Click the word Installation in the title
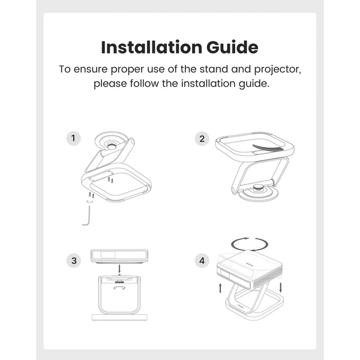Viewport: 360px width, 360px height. (152, 47)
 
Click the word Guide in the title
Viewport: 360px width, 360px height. (232, 47)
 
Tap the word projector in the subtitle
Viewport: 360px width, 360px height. (278, 70)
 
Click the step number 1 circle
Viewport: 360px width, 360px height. (73, 138)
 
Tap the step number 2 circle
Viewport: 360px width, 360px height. (202, 139)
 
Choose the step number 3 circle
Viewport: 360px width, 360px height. (74, 260)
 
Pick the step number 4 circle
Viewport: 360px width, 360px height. (202, 260)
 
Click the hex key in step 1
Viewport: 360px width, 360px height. (89, 216)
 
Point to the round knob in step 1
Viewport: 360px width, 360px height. (112, 146)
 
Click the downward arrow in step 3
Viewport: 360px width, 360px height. (119, 269)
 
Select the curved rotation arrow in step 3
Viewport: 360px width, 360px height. (119, 287)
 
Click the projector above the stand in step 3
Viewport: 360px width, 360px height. (119, 256)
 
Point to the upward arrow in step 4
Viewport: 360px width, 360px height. (220, 288)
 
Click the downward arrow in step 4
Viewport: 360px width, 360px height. (280, 287)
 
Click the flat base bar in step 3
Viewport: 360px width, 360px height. (119, 317)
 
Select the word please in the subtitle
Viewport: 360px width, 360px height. (110, 84)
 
